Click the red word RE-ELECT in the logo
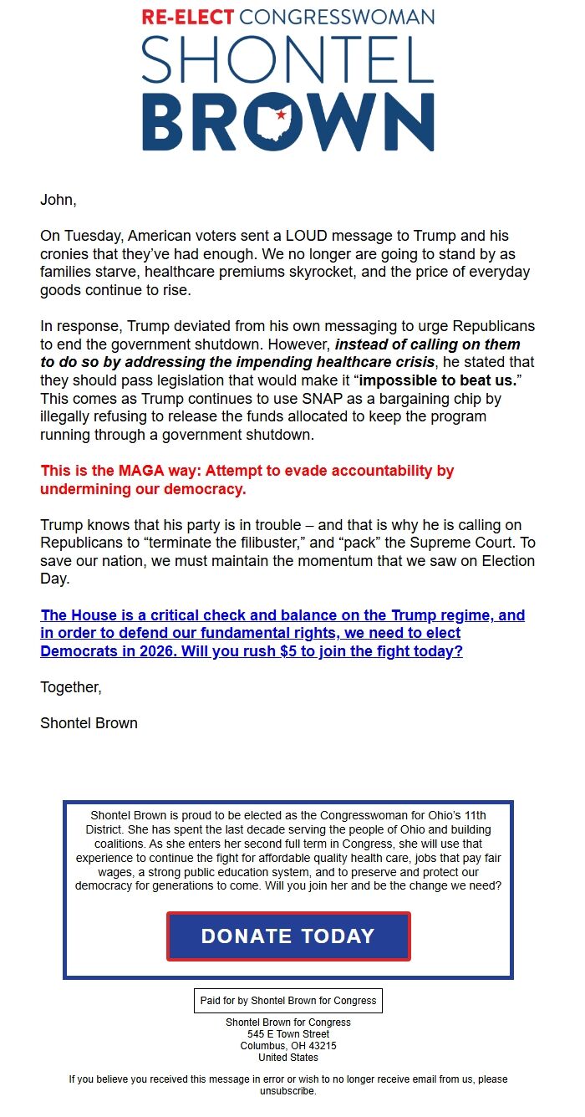point(188,18)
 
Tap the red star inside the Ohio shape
point(281,115)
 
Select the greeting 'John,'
point(58,200)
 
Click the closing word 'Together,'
point(71,687)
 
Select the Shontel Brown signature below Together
point(89,723)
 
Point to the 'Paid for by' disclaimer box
point(288,1000)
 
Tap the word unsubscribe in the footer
point(287,1091)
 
